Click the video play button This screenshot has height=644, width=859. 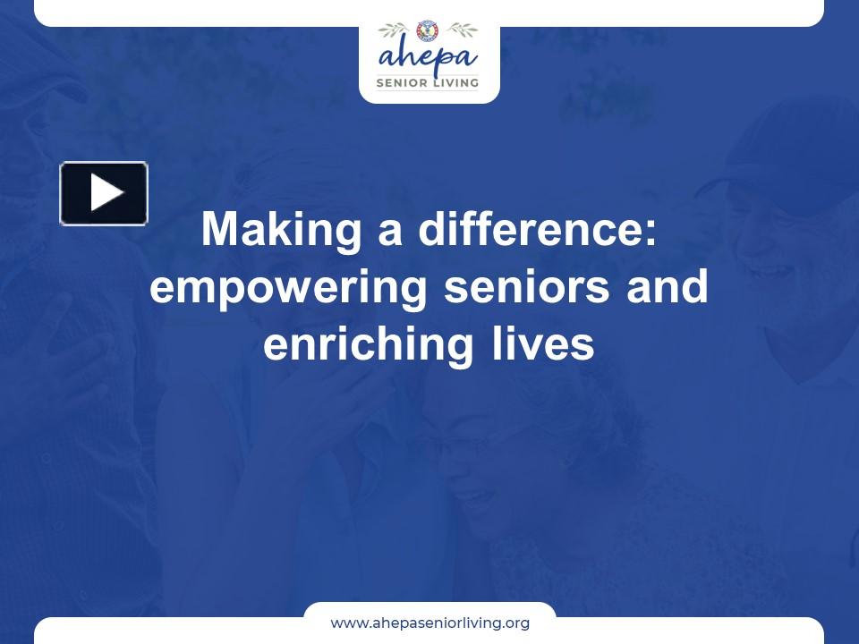[104, 193]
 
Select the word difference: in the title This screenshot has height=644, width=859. [538, 230]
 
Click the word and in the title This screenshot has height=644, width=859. [669, 288]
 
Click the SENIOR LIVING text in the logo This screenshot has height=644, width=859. [428, 82]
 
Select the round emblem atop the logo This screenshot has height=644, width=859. [429, 30]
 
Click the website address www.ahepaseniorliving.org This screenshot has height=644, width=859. [429, 623]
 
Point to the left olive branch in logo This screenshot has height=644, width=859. [395, 30]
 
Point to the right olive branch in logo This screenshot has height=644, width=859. [461, 30]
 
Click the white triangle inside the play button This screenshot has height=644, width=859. [106, 193]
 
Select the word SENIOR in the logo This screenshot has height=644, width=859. [402, 82]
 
